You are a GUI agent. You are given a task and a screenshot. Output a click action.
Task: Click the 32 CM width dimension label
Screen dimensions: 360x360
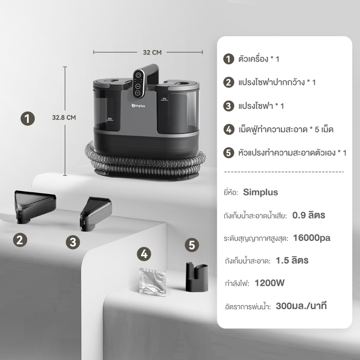tap(152, 52)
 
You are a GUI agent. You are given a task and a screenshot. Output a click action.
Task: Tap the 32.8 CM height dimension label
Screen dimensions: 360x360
tap(64, 117)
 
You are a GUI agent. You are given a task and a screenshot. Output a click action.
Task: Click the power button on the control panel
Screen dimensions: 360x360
tap(138, 75)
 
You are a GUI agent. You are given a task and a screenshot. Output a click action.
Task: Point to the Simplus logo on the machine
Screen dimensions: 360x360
tap(138, 105)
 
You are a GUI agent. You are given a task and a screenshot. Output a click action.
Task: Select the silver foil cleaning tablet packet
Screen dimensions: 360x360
tap(153, 282)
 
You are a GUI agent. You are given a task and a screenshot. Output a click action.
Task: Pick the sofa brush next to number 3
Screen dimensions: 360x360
tap(96, 213)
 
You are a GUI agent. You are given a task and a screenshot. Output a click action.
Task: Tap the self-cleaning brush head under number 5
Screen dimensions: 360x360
tap(197, 277)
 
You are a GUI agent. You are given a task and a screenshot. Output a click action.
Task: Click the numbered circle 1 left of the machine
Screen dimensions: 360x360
tap(28, 119)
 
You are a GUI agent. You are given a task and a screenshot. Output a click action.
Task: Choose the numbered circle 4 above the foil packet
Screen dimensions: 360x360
tap(144, 254)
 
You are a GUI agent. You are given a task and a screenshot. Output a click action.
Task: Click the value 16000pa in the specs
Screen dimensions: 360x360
tap(311, 238)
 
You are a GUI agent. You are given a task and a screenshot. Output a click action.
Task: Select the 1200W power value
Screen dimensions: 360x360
tap(270, 283)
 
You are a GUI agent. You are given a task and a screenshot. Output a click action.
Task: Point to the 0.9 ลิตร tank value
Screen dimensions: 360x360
tap(309, 215)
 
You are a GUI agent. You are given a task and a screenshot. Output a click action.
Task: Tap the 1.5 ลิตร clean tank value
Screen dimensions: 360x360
tap(292, 261)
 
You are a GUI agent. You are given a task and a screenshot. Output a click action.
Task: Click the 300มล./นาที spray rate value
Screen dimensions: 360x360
tap(301, 306)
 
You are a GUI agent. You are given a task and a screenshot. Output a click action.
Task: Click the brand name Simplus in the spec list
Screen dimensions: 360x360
tap(261, 192)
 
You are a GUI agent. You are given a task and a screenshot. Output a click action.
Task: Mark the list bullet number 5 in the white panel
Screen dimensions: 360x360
tap(229, 153)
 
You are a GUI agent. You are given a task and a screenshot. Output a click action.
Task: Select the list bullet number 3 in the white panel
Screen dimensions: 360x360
tap(229, 106)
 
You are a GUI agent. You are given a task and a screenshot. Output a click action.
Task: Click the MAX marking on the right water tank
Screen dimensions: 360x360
tap(165, 99)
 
